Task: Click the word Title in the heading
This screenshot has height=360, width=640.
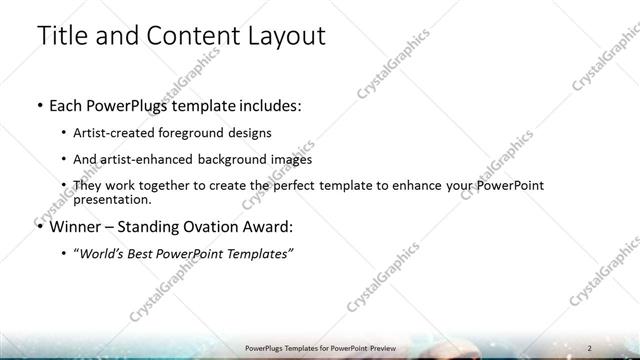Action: [x=63, y=36]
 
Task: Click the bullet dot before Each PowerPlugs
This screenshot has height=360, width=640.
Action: [x=39, y=105]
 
